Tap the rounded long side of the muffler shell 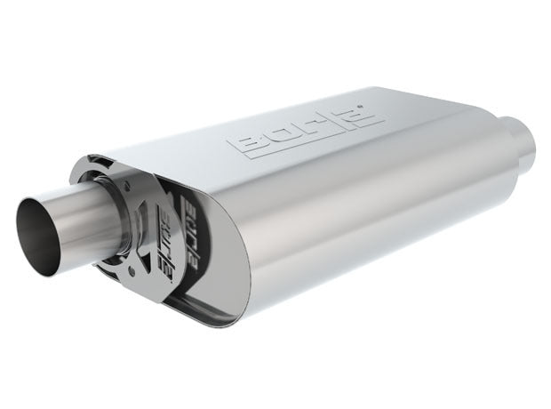point(355,240)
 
